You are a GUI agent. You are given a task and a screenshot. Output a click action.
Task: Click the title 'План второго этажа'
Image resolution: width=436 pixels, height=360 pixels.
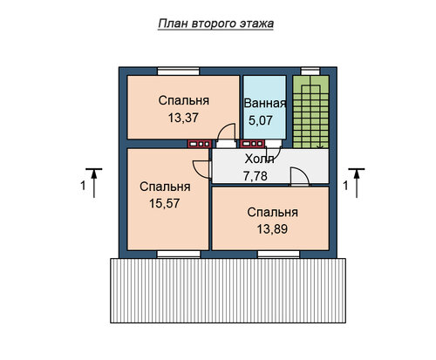click(216, 24)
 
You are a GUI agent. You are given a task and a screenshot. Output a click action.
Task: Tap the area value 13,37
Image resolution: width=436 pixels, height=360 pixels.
click(183, 118)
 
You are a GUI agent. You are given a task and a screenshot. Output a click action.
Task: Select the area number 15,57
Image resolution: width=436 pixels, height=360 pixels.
click(165, 203)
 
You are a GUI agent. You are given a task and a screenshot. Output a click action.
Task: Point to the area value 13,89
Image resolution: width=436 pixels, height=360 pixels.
click(272, 229)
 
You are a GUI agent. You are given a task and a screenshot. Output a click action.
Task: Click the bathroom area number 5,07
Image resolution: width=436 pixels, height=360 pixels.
click(261, 120)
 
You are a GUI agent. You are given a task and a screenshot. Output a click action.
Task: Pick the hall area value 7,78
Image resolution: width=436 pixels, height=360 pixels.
click(255, 176)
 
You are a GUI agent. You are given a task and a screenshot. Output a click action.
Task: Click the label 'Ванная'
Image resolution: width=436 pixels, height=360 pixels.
click(265, 104)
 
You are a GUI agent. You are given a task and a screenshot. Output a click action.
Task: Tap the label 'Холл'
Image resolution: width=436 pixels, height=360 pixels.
click(259, 160)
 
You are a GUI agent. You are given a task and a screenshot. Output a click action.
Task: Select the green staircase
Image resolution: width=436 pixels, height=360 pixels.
click(310, 112)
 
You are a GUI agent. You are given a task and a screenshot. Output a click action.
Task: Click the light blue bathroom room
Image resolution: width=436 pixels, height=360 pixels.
click(264, 107)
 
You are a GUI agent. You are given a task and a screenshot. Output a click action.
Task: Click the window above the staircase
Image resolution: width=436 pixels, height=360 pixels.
click(310, 71)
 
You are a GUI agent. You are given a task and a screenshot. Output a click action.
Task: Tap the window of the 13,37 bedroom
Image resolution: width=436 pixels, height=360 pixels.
click(178, 71)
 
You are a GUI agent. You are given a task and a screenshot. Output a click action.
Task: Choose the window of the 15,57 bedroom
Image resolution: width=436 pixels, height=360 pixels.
click(179, 255)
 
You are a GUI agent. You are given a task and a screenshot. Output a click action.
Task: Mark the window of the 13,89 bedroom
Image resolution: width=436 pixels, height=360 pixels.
click(278, 255)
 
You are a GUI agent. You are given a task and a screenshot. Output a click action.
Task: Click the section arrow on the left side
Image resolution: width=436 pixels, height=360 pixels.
click(94, 183)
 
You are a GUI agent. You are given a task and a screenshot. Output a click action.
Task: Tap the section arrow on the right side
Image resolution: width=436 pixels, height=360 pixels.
click(357, 183)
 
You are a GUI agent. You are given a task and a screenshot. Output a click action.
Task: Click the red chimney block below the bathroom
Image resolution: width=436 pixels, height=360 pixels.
click(252, 144)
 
